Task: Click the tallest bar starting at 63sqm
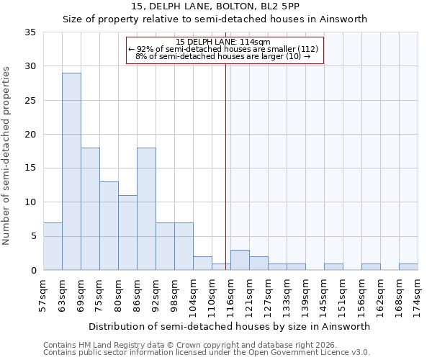click(x=71, y=171)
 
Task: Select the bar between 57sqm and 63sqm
click(x=53, y=246)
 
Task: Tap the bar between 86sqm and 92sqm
click(x=146, y=209)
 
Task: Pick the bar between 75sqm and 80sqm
click(x=109, y=225)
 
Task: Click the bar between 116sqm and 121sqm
click(x=240, y=260)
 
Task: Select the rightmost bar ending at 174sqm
click(x=408, y=266)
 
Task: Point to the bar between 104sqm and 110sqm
click(x=202, y=263)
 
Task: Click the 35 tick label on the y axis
click(x=30, y=32)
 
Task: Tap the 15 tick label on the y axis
click(x=30, y=168)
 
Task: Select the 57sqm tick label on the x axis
click(x=44, y=294)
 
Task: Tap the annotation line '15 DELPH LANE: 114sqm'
click(x=224, y=42)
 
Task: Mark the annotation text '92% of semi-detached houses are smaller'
click(x=216, y=49)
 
